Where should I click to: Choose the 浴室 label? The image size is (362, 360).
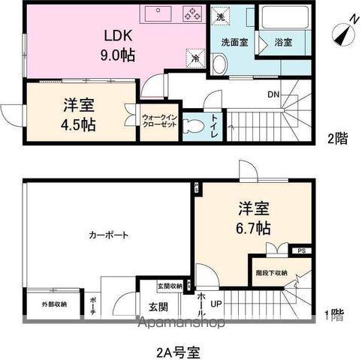click(283, 43)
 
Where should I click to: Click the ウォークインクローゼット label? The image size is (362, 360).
click(159, 121)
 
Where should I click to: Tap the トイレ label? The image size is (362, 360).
click(215, 122)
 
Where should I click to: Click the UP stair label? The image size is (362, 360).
click(216, 304)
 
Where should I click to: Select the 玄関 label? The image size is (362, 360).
click(158, 307)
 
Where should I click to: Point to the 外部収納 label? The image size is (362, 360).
click(53, 304)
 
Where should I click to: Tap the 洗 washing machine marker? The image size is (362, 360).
click(220, 14)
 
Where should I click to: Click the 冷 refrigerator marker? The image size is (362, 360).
click(195, 57)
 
